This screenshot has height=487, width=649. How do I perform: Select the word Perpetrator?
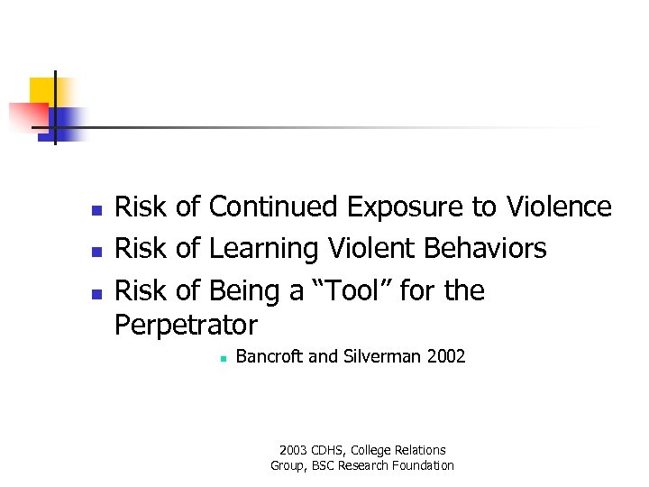tap(187, 324)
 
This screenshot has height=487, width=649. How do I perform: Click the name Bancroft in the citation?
tap(270, 356)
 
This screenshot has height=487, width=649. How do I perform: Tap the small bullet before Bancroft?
tap(220, 358)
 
